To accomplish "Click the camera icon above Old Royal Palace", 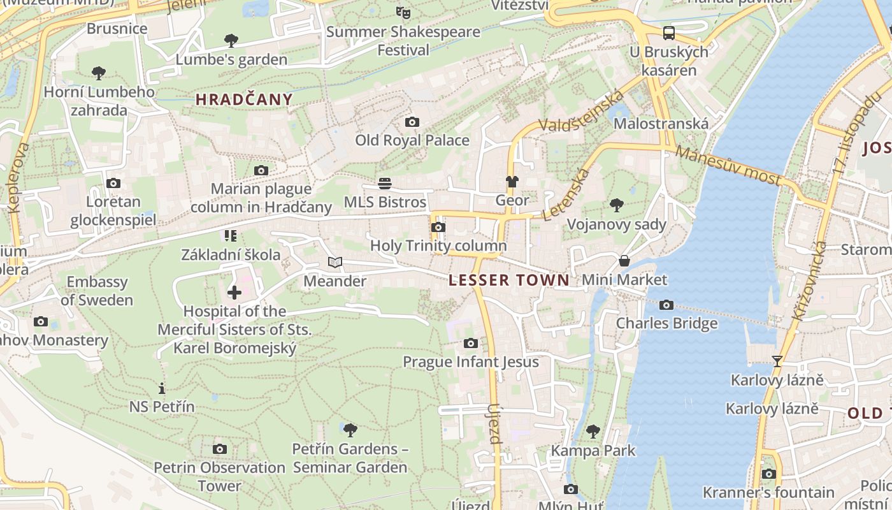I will [x=412, y=122].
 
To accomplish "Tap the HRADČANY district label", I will [x=244, y=99].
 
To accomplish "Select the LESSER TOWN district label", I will [x=509, y=280].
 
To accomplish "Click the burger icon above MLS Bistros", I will [x=385, y=184].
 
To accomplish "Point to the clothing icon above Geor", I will [x=512, y=182].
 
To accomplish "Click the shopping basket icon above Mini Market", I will [x=624, y=261].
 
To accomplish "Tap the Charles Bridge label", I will [x=666, y=323].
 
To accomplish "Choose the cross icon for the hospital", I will [x=234, y=293].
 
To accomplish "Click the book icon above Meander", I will [x=335, y=262].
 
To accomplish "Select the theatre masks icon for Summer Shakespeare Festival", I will [x=403, y=12].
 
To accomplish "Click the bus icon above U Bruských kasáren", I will [x=668, y=33].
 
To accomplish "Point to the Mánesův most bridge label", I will [x=727, y=165].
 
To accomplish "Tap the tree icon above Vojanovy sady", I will [x=616, y=205].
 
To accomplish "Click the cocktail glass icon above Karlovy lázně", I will [x=777, y=361].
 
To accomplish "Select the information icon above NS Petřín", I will [x=162, y=388].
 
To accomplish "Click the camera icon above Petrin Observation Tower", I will [x=220, y=449].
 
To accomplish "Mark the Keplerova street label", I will [x=20, y=178].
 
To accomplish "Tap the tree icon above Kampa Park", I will [x=593, y=432].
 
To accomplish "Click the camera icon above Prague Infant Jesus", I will [x=471, y=344].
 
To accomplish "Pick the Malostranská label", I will [x=661, y=123].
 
